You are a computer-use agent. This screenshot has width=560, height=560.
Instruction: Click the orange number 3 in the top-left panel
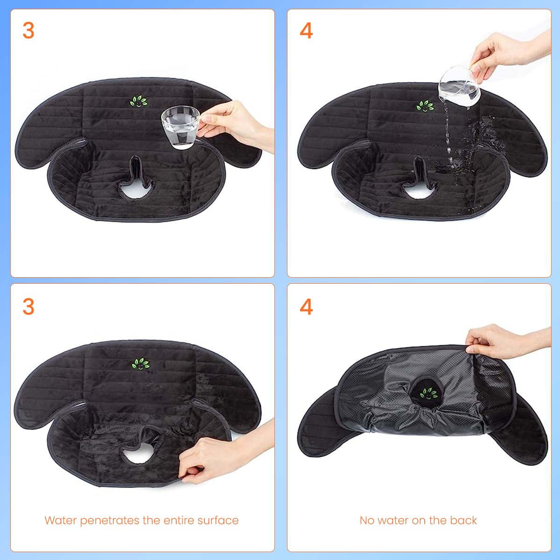[28, 30]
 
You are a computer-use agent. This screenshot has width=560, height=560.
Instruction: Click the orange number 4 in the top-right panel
[306, 30]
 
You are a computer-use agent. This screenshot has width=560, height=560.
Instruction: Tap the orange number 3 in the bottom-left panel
[28, 307]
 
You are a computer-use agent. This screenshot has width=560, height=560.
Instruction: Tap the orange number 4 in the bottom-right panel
[306, 307]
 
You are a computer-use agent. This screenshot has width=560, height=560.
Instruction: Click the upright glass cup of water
[180, 127]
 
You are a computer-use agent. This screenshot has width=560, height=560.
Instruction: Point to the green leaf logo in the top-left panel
[139, 101]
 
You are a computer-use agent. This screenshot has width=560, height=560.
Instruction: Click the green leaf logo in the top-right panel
[425, 106]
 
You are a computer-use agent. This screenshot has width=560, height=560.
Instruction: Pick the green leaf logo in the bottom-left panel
[140, 364]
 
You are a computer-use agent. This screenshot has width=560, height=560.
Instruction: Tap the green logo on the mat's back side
[429, 393]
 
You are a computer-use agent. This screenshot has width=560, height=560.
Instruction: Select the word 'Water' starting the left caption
[61, 520]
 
